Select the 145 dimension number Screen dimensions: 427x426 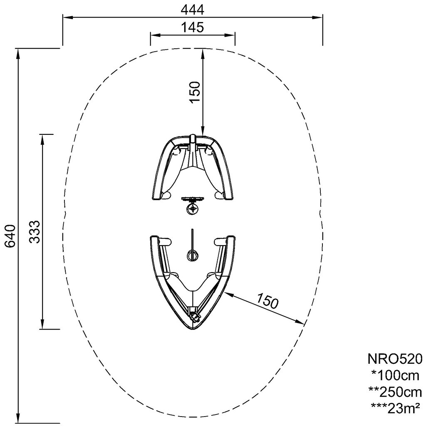192,27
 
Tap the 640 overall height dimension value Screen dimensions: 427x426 10,236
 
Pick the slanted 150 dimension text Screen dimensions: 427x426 267,300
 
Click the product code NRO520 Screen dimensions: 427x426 395,358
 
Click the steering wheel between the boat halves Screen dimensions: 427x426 193,207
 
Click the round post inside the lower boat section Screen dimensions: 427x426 193,255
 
